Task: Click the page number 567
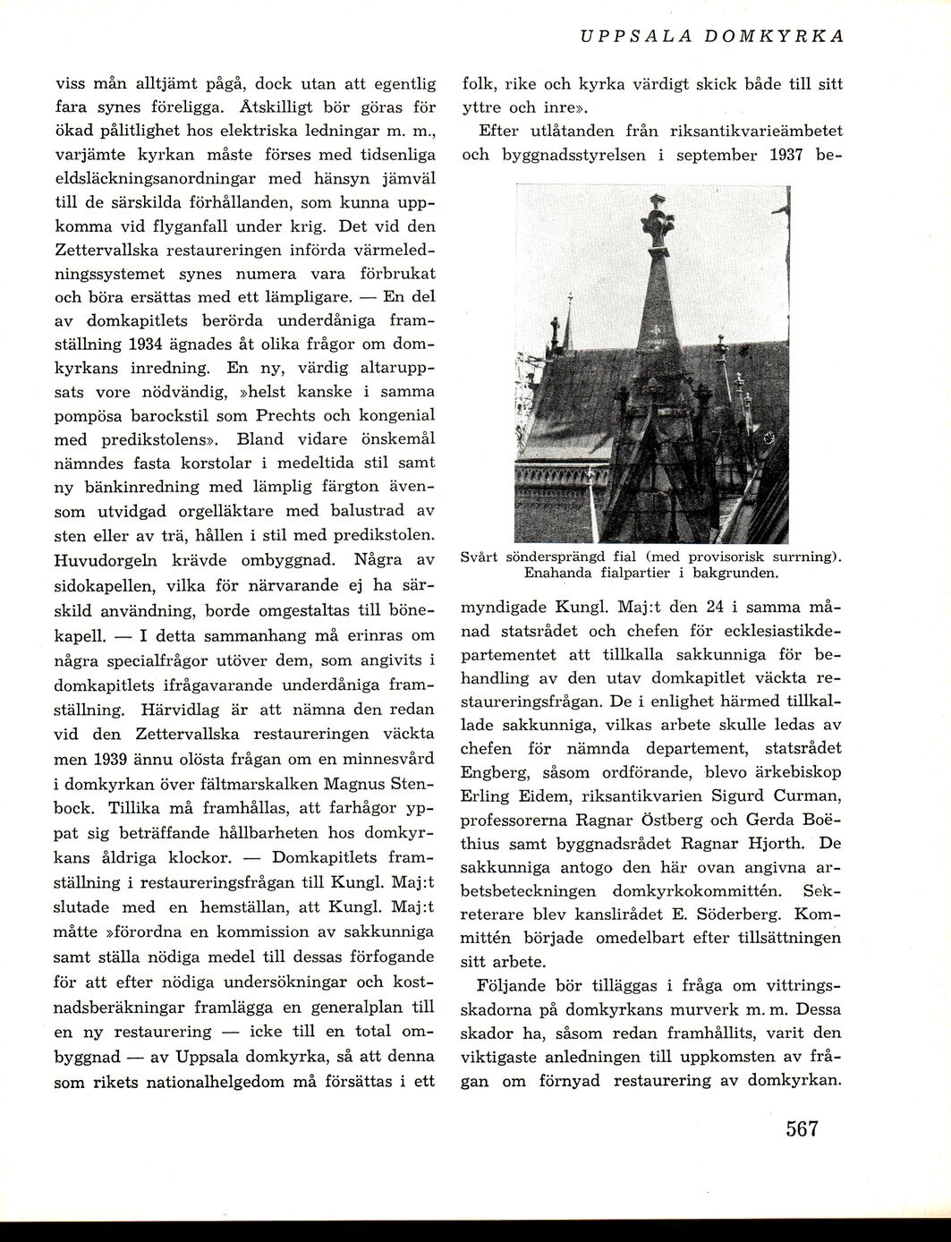pos(802,1128)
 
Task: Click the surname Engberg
pos(493,771)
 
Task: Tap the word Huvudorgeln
pos(109,561)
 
